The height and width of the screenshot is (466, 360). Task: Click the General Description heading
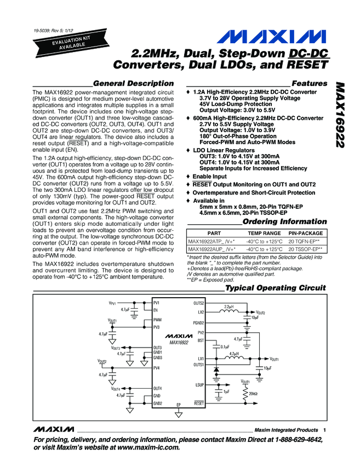tap(134, 83)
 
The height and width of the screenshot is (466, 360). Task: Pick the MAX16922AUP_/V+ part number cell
tap(212, 248)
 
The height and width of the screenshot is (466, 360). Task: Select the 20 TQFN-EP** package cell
tap(305, 241)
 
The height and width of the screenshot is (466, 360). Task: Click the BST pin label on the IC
tap(201, 340)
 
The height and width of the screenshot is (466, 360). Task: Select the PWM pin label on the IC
tap(158, 320)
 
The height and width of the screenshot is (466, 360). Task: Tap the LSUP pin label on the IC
tap(199, 385)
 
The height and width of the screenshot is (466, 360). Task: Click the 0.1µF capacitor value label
tap(225, 346)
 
